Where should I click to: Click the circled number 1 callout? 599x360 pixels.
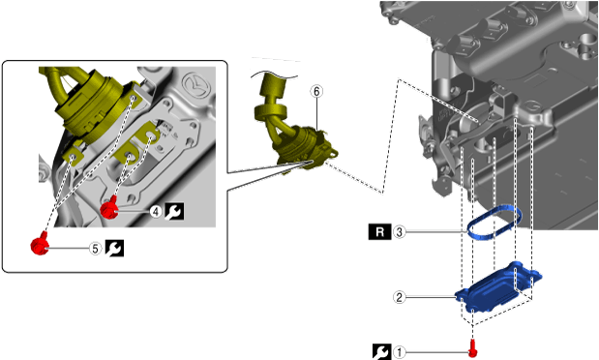(400, 352)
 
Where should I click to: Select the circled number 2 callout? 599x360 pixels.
(400, 297)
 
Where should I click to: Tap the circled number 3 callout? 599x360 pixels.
(400, 232)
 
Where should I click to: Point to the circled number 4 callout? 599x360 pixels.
(156, 211)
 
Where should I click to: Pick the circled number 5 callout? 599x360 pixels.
(96, 249)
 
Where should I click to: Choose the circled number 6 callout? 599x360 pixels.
(316, 91)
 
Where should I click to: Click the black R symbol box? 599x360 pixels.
(379, 232)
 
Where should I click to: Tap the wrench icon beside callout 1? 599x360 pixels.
(381, 352)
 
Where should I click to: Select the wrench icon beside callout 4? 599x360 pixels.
(174, 211)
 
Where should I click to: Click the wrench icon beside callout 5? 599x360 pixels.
(114, 249)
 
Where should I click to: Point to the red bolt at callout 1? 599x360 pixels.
(473, 347)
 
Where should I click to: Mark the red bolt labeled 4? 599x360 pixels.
(109, 207)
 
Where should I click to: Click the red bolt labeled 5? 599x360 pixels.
(40, 244)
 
